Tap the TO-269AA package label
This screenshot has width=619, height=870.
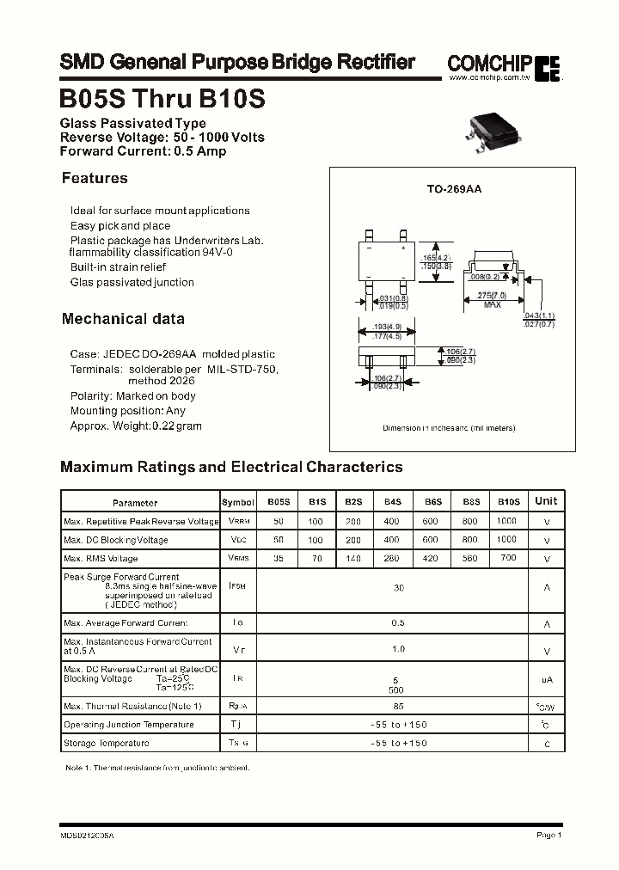455,188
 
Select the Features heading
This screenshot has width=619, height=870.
95,179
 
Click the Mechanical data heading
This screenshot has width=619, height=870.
123,319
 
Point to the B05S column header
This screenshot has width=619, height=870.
279,501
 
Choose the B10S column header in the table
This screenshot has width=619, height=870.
508,501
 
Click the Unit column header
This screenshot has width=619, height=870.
546,501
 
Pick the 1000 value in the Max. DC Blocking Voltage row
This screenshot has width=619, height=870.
507,540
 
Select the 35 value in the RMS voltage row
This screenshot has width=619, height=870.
278,559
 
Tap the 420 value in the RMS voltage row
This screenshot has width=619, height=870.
430,559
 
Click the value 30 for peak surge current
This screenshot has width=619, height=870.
398,588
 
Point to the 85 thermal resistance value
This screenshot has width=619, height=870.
398,706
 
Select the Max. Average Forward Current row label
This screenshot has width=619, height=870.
126,623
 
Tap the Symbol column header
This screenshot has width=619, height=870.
238,502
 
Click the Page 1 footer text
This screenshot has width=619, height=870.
549,835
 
